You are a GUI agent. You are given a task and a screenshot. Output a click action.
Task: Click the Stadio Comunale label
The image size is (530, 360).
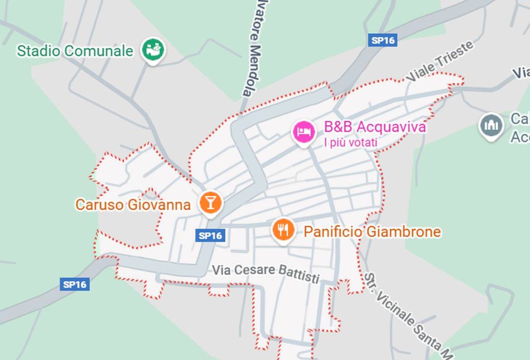pyautogui.click(x=75, y=51)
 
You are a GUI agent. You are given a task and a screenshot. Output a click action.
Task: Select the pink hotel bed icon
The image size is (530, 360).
pyautogui.click(x=303, y=132)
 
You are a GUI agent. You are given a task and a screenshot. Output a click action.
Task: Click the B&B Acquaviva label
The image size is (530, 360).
pyautogui.click(x=375, y=127)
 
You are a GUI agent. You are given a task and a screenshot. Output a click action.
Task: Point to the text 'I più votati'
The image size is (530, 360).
pyautogui.click(x=350, y=142)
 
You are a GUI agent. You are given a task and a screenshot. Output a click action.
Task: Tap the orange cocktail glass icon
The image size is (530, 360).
pyautogui.click(x=210, y=203)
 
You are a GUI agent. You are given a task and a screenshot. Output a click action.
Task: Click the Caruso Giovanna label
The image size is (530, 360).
pyautogui.click(x=133, y=205)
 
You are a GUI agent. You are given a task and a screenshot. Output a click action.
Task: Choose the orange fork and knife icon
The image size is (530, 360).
pyautogui.click(x=283, y=229)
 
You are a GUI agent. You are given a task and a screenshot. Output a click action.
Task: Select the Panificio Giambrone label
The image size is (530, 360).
pyautogui.click(x=372, y=232)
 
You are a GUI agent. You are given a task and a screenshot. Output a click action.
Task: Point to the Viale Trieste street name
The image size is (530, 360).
pyautogui.click(x=440, y=61)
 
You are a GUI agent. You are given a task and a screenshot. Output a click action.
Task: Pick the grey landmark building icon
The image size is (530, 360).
pyautogui.click(x=491, y=125)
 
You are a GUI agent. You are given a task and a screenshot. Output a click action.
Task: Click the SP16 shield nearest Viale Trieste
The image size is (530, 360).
pyautogui.click(x=382, y=41)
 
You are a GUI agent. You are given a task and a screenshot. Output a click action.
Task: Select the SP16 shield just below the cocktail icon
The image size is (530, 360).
pyautogui.click(x=211, y=236)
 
